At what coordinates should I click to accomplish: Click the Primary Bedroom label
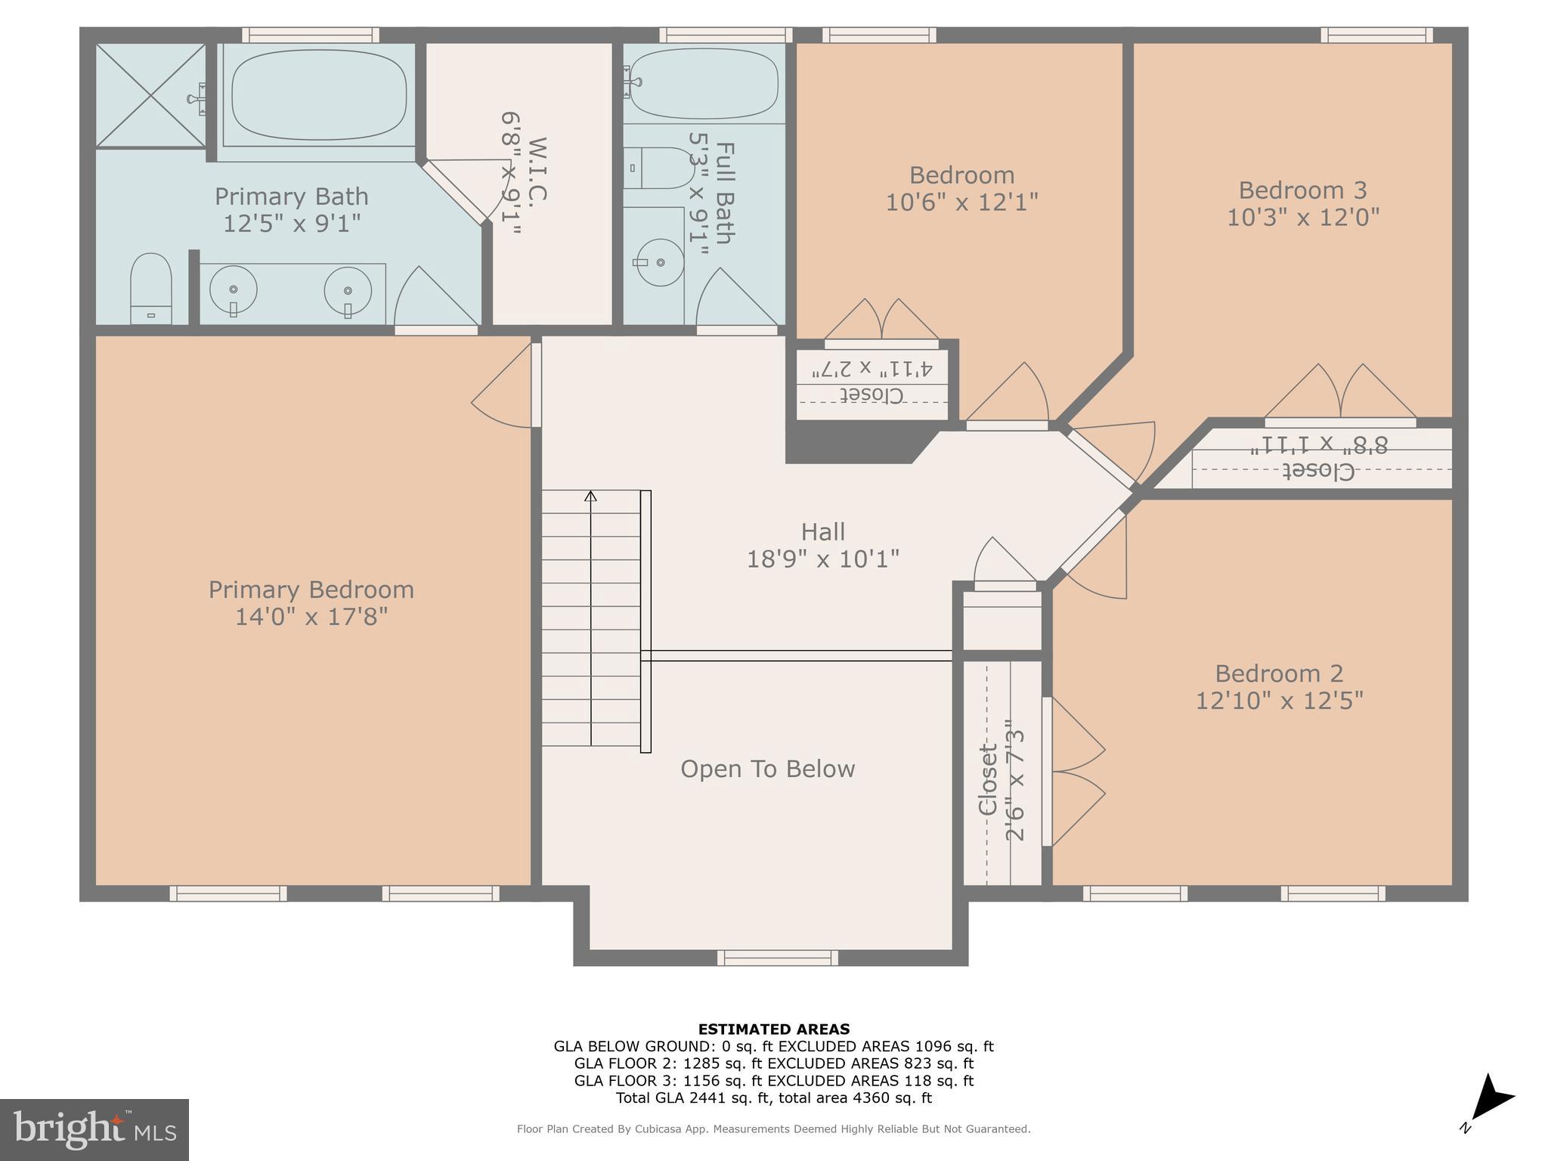311,590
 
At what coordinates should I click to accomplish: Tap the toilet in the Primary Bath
150,289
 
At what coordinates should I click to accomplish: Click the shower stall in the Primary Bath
150,95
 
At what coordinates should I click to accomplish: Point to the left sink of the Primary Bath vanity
234,289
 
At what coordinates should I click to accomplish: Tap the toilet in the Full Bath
658,168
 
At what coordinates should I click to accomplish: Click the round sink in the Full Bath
660,262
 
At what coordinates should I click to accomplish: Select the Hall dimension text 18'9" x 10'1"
822,559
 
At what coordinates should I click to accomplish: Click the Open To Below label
767,769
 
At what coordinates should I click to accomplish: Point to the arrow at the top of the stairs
591,497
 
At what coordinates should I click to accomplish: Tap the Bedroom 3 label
1302,190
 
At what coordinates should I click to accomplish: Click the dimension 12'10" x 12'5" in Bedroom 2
1279,701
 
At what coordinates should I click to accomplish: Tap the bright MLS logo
94,1129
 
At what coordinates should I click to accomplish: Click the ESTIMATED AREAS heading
773,1029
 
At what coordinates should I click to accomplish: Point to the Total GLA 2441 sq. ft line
773,1098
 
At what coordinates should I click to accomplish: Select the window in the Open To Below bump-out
777,958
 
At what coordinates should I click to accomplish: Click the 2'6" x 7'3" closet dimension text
1014,785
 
